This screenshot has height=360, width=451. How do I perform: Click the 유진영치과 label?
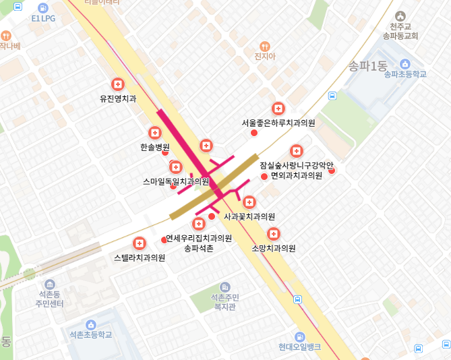click(118, 98)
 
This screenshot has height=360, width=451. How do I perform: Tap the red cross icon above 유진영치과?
click(119, 84)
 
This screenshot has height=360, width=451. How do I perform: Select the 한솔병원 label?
click(155, 146)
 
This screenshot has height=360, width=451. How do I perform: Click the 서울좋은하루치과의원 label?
click(278, 123)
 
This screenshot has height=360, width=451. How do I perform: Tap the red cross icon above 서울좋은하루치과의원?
click(278, 109)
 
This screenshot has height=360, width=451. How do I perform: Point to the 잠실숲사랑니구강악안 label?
click(297, 165)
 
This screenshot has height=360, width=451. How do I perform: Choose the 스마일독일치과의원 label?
click(176, 181)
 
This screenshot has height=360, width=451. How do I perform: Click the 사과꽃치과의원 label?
click(249, 216)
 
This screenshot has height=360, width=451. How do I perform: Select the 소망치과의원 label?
click(274, 248)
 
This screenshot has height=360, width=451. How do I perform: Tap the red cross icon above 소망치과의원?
click(274, 234)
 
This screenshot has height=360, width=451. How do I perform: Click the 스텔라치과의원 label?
click(140, 258)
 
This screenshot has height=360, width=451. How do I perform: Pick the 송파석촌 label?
click(199, 248)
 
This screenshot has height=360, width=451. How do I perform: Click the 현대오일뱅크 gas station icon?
click(299, 336)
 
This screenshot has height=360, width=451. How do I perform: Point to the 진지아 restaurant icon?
click(266, 47)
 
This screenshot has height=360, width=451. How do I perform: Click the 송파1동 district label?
click(367, 66)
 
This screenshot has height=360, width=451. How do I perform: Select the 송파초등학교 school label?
click(405, 74)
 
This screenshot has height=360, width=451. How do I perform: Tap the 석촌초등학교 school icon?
click(91, 324)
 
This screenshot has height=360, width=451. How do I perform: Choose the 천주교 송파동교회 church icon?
click(400, 16)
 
